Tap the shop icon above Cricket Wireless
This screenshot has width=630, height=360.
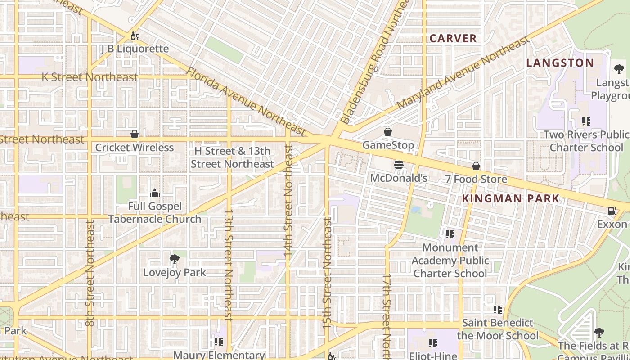[x=134, y=134]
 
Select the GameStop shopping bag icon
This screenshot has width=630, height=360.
[x=387, y=132]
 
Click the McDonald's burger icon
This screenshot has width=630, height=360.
[x=398, y=165]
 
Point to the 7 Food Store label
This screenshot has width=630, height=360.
[x=476, y=179]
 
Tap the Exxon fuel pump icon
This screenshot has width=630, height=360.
[x=612, y=211]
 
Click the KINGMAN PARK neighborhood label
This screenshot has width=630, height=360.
[x=511, y=198]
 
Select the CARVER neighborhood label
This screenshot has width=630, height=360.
[x=453, y=39]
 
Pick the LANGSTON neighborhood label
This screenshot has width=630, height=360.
[x=560, y=63]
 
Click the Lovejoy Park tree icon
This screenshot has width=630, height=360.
[x=175, y=259]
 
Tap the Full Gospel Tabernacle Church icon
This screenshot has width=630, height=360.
[x=155, y=193]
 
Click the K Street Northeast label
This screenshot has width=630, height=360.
[x=90, y=77]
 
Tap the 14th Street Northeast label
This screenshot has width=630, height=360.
[x=288, y=201]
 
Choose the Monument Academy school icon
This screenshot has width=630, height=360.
[x=450, y=234]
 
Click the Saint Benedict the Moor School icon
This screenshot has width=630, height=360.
[x=497, y=310]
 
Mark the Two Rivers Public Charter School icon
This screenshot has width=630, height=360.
[x=586, y=121]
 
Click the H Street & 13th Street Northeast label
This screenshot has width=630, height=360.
[x=232, y=157]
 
